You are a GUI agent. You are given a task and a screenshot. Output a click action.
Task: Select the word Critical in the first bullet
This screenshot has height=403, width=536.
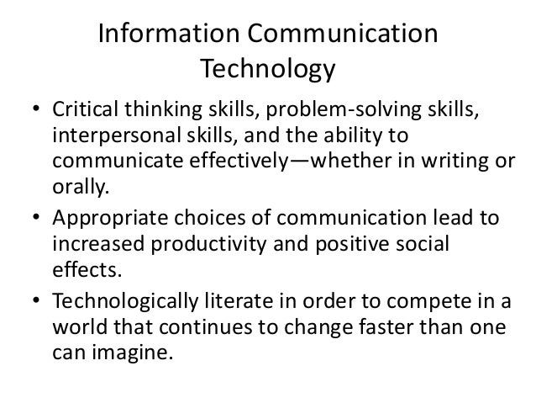click(x=84, y=113)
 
